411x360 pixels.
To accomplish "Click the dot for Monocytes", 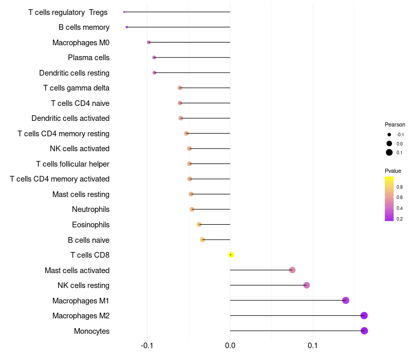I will pyautogui.click(x=364, y=331).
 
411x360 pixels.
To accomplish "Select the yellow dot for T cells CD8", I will pyautogui.click(x=231, y=255).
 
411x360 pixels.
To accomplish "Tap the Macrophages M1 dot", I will pyautogui.click(x=346, y=300).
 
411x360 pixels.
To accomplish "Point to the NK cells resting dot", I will pyautogui.click(x=307, y=285).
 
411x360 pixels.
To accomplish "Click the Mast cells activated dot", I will pyautogui.click(x=292, y=270).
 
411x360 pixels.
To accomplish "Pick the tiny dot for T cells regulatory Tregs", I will pyautogui.click(x=124, y=12).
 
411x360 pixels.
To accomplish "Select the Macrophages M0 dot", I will pyautogui.click(x=149, y=42).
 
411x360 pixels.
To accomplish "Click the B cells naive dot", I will pyautogui.click(x=202, y=240).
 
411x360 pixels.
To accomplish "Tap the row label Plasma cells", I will pyautogui.click(x=88, y=58).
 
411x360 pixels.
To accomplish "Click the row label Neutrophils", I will pyautogui.click(x=90, y=209).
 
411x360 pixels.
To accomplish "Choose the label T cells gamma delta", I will pyautogui.click(x=76, y=88).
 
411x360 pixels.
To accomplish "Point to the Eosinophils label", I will pyautogui.click(x=90, y=225).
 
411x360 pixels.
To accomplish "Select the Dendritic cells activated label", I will pyautogui.click(x=70, y=118).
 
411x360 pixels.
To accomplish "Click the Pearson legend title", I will pyautogui.click(x=395, y=124).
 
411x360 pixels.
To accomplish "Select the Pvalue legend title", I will pyautogui.click(x=393, y=171).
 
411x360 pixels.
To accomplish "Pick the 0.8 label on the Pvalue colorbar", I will pyautogui.click(x=400, y=187).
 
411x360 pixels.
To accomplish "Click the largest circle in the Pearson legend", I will pyautogui.click(x=389, y=152).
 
